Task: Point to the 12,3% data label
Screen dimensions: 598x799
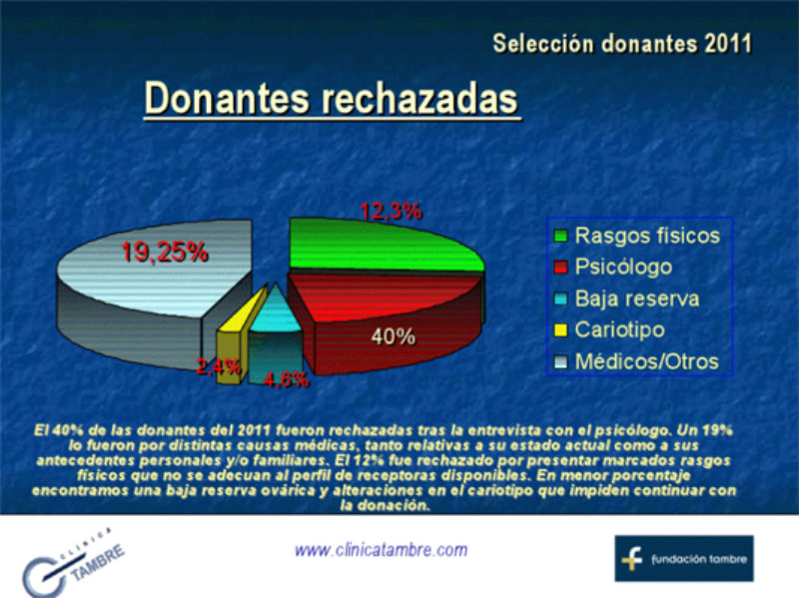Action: (x=391, y=211)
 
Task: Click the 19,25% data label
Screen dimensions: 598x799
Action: (x=164, y=252)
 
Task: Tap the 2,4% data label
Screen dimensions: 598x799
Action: (x=217, y=367)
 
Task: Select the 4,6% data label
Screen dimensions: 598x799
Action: (x=286, y=379)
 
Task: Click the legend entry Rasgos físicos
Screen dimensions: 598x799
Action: (x=646, y=237)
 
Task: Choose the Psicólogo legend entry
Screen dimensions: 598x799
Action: (x=623, y=268)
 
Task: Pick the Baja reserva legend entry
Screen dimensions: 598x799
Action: (x=636, y=299)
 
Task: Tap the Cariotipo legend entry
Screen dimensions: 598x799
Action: (x=619, y=329)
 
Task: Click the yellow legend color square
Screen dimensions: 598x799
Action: (x=561, y=330)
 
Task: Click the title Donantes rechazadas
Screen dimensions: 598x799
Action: (x=332, y=100)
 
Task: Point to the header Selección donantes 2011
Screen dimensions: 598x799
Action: (x=622, y=44)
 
